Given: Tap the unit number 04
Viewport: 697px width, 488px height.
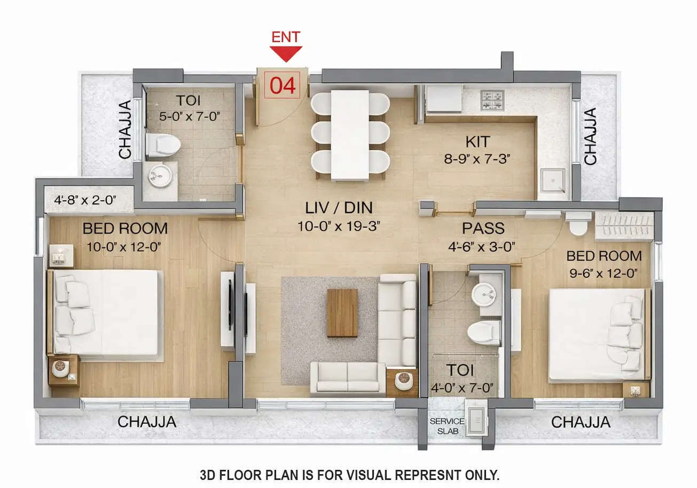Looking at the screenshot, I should coord(283,86).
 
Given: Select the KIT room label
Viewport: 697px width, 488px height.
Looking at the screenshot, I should coord(477,142).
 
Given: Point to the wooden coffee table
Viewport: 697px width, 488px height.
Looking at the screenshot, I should coord(342,313).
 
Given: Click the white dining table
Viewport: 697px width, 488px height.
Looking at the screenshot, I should coord(350,135).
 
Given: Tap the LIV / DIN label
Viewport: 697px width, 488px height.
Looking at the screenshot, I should coord(339,207).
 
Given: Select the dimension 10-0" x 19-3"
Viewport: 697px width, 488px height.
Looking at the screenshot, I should coord(339,226).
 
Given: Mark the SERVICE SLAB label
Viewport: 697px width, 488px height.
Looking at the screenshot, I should coord(447,426).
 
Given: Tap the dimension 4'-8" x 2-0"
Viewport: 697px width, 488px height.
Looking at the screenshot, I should coord(85,201).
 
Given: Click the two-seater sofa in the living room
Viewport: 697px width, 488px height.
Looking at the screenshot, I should coord(348,377).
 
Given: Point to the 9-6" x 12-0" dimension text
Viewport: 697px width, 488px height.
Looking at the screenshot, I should coord(604,274).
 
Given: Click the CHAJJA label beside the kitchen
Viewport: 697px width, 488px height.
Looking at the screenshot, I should coord(590,136).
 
